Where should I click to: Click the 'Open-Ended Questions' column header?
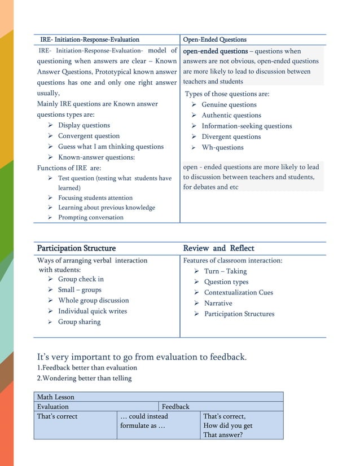tap(215, 39)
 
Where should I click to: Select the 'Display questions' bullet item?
tap(84, 125)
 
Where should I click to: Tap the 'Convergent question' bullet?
tap(89, 136)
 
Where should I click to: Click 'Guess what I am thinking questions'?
tap(111, 147)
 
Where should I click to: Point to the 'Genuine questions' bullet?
tap(229, 104)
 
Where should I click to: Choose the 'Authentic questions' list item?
tap(231, 115)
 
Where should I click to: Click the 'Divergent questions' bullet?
tap(231, 137)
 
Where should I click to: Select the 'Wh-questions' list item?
tap(222, 147)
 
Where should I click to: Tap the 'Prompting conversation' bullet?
tap(90, 217)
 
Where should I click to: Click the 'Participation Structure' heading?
tap(76, 248)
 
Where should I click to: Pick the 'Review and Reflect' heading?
tap(218, 248)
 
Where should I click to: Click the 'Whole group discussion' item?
tap(93, 301)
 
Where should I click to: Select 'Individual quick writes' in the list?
tap(92, 311)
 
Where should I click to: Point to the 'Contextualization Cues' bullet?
tap(238, 292)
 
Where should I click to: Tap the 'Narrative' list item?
tap(218, 303)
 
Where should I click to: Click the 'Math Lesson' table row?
tap(56, 397)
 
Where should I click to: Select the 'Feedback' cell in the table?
tap(175, 406)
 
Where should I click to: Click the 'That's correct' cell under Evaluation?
tap(58, 416)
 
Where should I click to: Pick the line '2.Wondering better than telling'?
tap(84, 378)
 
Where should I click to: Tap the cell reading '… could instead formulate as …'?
tap(144, 421)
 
